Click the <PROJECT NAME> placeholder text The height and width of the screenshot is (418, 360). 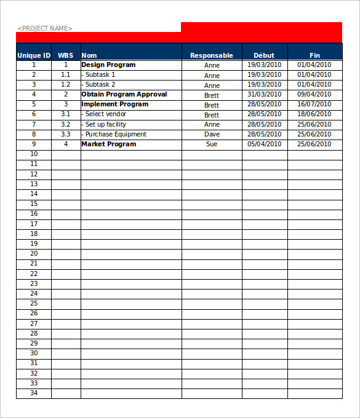45,28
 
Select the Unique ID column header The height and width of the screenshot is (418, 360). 34,55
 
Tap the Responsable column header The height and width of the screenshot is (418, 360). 212,55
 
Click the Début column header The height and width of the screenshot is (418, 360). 264,55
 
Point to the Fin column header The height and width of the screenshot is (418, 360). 314,55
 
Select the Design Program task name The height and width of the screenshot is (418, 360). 108,65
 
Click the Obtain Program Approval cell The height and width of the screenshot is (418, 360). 124,95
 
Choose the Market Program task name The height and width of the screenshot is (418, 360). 109,144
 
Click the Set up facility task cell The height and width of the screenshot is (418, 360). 105,124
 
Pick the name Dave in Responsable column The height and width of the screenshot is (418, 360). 212,134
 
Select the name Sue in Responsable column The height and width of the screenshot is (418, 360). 212,144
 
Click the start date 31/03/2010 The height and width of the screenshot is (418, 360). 264,95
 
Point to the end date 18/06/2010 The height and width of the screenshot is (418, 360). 314,114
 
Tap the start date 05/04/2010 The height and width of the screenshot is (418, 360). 264,144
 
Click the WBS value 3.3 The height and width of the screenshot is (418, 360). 66,134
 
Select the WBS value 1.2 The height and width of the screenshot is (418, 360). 66,84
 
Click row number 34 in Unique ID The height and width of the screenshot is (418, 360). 34,393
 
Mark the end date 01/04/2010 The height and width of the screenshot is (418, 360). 314,65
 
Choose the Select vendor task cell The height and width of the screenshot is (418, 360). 105,114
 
